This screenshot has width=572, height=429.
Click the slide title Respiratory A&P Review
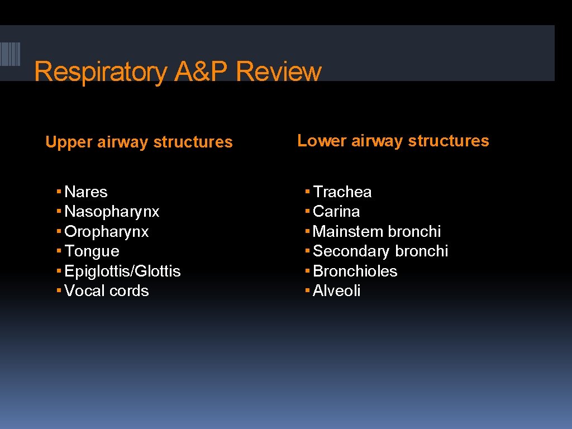(x=178, y=72)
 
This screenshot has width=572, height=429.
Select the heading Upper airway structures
(x=139, y=142)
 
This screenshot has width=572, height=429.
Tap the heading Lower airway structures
(x=393, y=141)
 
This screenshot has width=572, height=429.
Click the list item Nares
(x=86, y=192)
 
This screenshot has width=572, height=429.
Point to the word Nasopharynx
(x=112, y=212)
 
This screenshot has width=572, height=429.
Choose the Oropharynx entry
(x=107, y=232)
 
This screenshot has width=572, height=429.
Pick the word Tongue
(x=92, y=251)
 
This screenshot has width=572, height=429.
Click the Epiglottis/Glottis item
(x=122, y=271)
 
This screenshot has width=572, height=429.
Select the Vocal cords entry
(x=107, y=291)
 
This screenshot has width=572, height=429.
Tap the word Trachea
(x=342, y=192)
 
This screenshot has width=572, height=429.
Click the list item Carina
(x=336, y=212)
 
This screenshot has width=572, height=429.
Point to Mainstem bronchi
(x=376, y=232)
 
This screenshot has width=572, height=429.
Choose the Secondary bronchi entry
(x=380, y=251)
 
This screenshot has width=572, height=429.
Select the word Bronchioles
(x=355, y=271)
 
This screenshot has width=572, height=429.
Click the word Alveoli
(x=336, y=291)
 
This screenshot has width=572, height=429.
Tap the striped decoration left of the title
(x=10, y=54)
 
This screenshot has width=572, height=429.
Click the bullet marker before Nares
(x=59, y=192)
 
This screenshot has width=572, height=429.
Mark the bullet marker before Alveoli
(x=307, y=290)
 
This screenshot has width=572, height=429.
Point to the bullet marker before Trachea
(x=307, y=192)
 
